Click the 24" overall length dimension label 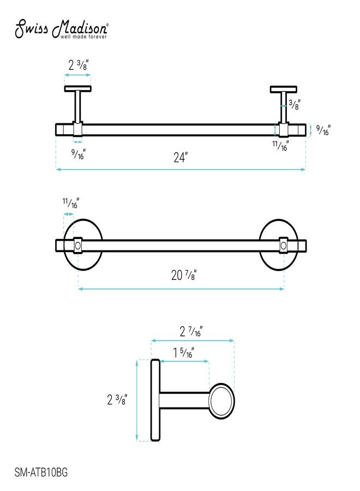click(181, 157)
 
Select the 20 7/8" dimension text click(184, 275)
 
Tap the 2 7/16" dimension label click(191, 331)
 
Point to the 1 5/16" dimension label click(184, 352)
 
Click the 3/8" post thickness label click(295, 104)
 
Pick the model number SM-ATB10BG click(41, 472)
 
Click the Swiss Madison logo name click(62, 28)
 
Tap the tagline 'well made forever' click(83, 37)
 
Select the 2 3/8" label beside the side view click(117, 399)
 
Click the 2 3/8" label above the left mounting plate click(79, 65)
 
